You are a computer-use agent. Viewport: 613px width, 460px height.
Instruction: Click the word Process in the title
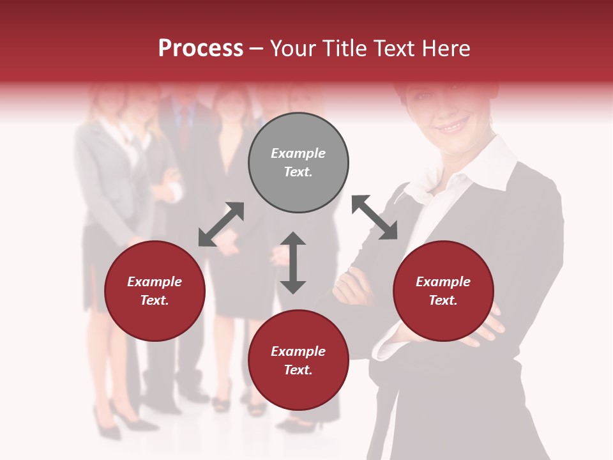click(201, 49)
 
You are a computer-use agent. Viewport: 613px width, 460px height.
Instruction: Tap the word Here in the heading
click(447, 49)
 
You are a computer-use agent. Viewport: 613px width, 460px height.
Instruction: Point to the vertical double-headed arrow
click(293, 263)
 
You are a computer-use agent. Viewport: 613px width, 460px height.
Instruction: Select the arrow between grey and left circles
click(221, 224)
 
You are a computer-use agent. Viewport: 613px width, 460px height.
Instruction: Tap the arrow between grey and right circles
click(374, 217)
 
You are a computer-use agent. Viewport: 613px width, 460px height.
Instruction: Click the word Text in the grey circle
click(298, 172)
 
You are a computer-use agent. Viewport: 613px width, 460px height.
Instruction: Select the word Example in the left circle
click(155, 282)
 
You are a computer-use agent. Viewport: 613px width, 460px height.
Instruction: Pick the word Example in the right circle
click(443, 282)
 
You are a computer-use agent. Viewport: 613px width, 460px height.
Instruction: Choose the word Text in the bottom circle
click(298, 370)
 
